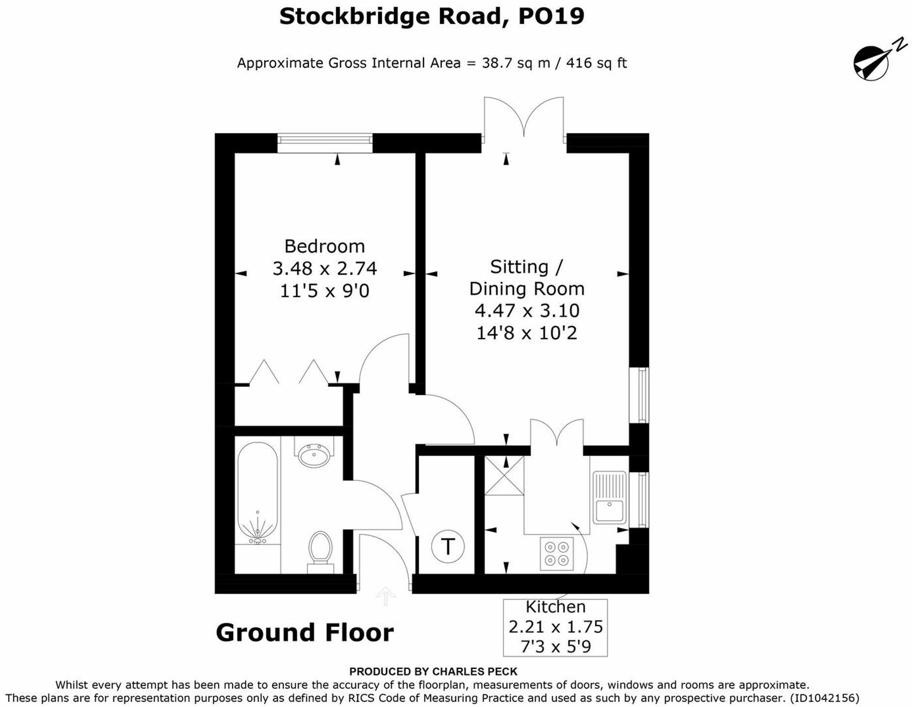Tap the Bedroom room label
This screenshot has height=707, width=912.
click(x=324, y=246)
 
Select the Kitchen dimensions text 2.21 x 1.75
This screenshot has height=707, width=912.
click(x=555, y=627)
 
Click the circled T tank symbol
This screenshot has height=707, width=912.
click(x=447, y=546)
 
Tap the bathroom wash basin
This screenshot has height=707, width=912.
click(x=314, y=455)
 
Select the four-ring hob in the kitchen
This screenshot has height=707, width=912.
click(x=557, y=554)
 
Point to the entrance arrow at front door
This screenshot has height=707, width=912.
click(x=386, y=596)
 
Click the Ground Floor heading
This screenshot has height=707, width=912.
click(x=305, y=633)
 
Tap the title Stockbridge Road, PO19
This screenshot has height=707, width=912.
click(x=431, y=16)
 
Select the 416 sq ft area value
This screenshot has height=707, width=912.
click(x=597, y=63)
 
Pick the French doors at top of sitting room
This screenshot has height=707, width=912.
click(x=524, y=118)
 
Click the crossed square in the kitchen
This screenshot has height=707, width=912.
click(x=504, y=475)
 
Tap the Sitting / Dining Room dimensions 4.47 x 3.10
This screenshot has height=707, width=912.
click(x=527, y=311)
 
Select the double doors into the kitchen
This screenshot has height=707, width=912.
click(x=557, y=433)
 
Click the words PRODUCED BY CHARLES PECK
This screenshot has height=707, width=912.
click(x=433, y=671)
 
